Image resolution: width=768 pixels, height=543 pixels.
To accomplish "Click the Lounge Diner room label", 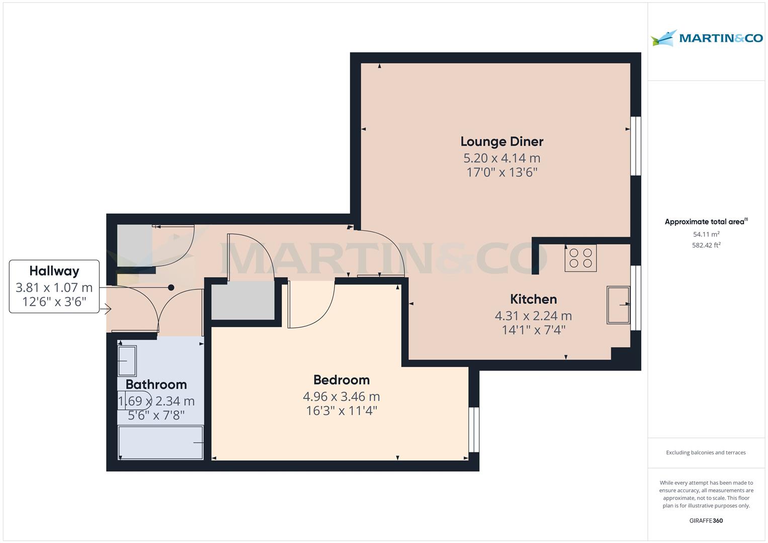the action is click(x=501, y=142).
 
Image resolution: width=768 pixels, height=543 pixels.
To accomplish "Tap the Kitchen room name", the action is click(x=533, y=299).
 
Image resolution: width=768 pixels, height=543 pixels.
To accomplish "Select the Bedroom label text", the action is click(x=342, y=380).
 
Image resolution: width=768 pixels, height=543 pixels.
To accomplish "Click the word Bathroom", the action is click(x=156, y=384).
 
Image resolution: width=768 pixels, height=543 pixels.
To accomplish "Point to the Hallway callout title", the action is click(x=54, y=271).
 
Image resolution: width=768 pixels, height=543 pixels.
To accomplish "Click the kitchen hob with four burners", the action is click(x=580, y=258).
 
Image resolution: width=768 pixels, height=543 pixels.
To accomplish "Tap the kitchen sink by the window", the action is click(x=618, y=305).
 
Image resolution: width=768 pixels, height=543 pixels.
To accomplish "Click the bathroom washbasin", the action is click(x=127, y=360).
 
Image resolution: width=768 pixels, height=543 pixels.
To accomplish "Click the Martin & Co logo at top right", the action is click(x=707, y=38).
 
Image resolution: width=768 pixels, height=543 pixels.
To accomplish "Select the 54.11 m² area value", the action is click(x=706, y=234).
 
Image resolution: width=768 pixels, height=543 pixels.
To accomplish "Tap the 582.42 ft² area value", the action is click(x=706, y=245).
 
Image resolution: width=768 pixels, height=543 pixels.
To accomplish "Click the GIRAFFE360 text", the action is click(x=706, y=520).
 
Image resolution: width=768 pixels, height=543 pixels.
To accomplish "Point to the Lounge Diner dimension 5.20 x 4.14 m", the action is click(x=501, y=158).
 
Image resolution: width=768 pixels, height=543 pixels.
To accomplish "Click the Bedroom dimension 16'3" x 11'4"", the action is click(x=342, y=411).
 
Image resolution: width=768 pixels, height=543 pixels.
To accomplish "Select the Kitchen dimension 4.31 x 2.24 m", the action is click(x=533, y=316).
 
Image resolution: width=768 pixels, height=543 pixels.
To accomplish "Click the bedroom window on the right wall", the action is click(x=474, y=429).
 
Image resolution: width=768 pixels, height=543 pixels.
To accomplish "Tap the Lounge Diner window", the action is click(x=636, y=146).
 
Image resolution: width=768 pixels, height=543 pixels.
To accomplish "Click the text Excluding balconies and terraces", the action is click(x=706, y=452).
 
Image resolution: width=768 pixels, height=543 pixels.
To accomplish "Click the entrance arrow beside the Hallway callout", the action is click(x=108, y=309).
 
